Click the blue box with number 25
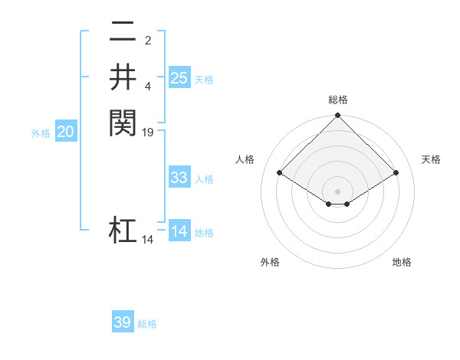click(x=179, y=77)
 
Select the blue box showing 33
click(x=179, y=178)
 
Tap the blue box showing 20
click(x=65, y=132)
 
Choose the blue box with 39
click(x=123, y=322)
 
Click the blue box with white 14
click(x=179, y=231)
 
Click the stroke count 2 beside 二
click(x=148, y=41)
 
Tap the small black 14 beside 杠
click(x=148, y=240)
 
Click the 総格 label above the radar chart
click(x=337, y=100)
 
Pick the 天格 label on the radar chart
click(x=432, y=159)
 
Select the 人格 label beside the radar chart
click(x=245, y=159)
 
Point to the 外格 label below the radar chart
click(x=270, y=262)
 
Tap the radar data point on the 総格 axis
click(x=337, y=116)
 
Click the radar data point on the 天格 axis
click(x=396, y=173)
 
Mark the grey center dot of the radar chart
click(x=337, y=191)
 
